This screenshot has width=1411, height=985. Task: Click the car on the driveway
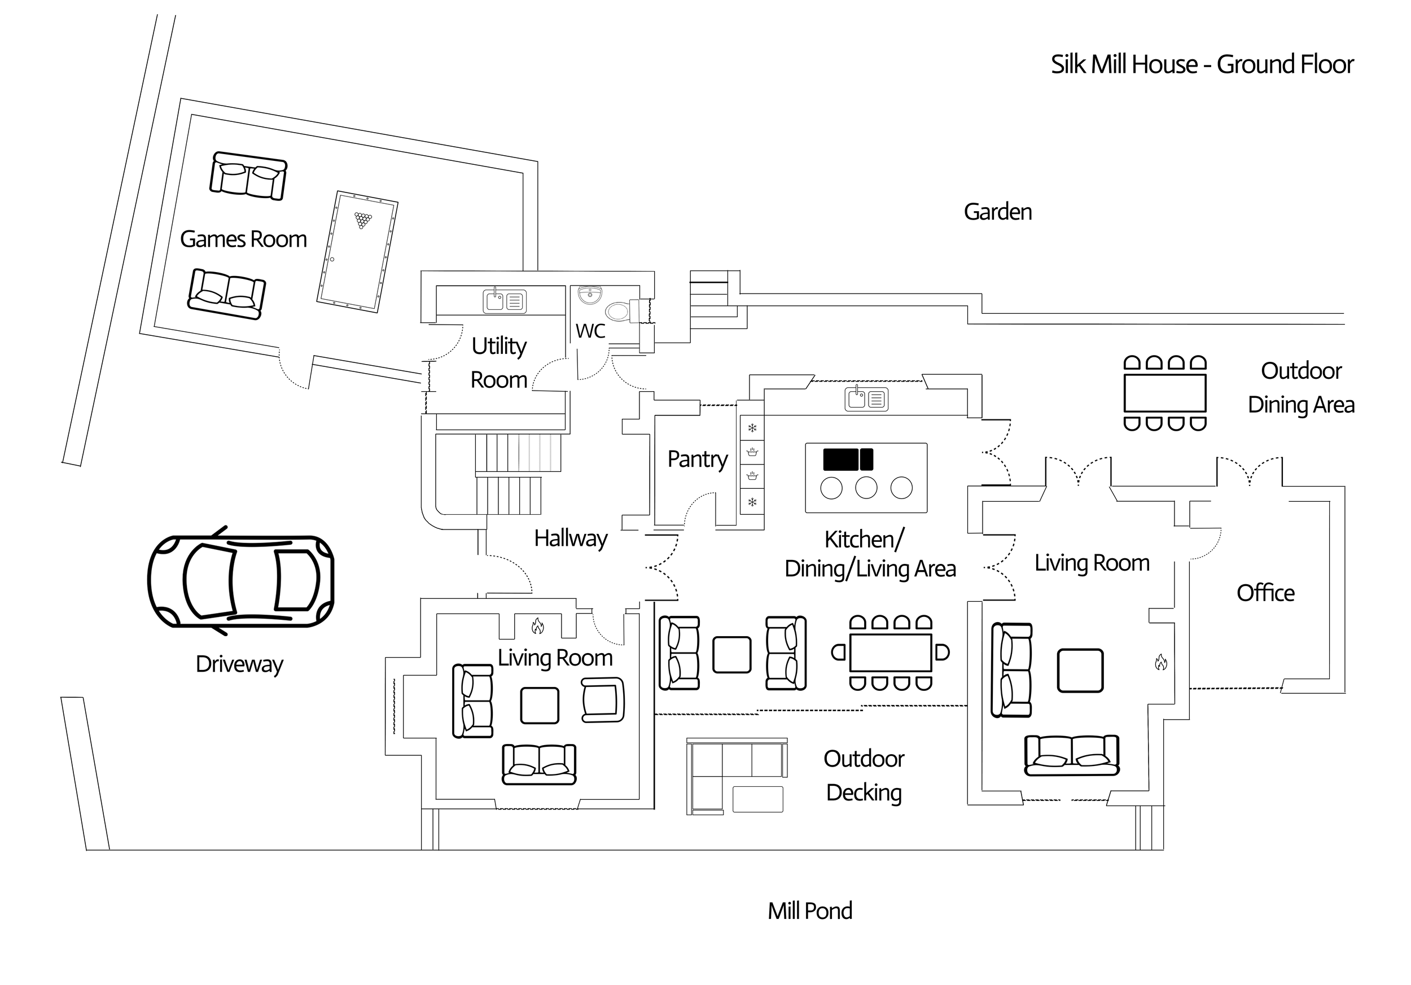pos(241,580)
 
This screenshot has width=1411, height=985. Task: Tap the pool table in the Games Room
pos(357,252)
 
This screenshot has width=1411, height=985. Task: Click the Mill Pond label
pos(809,910)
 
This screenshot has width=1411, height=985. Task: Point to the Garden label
pos(997,212)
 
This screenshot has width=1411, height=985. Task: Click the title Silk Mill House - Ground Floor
pos(1202,64)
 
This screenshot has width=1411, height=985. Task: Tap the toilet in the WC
pos(620,312)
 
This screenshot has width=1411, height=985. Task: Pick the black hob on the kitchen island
pos(848,459)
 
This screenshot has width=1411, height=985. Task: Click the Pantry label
pos(698,459)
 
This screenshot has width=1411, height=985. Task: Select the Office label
pos(1265,593)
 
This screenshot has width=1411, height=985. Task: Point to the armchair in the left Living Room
pos(603,699)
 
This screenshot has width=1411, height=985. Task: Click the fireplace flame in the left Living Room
pos(538,626)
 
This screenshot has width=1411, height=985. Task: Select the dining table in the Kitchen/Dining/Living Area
pos(891,653)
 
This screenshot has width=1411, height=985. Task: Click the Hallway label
pos(570,539)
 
